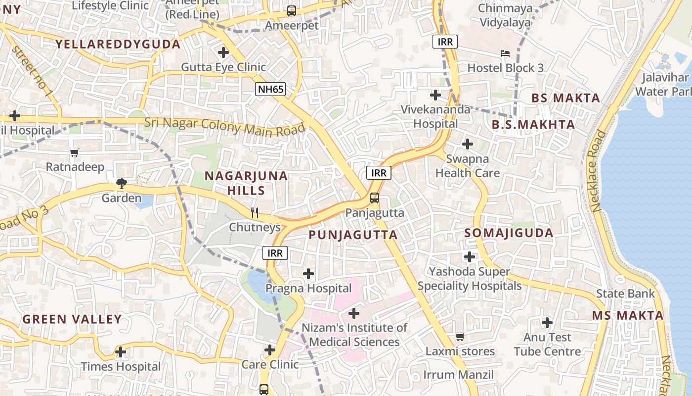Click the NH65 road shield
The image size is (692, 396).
[x=270, y=90]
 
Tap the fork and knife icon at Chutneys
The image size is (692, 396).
[x=255, y=213]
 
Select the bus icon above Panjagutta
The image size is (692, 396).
[x=375, y=198]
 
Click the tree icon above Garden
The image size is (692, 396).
[x=121, y=184]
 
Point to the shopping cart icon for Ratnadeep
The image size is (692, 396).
[x=75, y=152]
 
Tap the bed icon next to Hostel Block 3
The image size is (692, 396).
[x=505, y=53]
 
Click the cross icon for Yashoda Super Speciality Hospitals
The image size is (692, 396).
[x=469, y=257]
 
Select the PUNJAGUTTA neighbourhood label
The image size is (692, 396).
[x=353, y=235]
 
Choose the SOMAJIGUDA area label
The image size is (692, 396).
[x=509, y=233]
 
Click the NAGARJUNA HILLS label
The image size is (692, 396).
[x=246, y=183]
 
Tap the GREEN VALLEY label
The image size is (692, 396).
[x=72, y=319]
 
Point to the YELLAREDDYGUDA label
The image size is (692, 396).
[x=118, y=44]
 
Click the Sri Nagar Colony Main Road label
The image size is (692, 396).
[x=225, y=125]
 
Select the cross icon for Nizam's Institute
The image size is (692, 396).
[x=354, y=313]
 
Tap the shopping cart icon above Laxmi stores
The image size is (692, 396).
[x=460, y=337]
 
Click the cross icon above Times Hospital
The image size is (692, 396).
[x=121, y=352]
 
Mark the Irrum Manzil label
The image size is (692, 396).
[x=458, y=374]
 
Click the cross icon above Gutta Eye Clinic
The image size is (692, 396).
[x=223, y=52]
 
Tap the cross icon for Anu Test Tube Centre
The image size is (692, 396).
[x=547, y=323]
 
